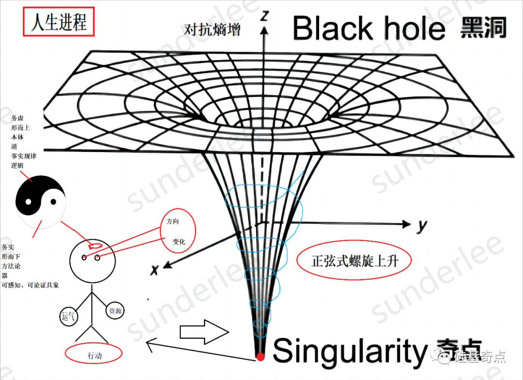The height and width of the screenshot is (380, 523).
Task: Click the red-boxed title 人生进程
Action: pos(58,23)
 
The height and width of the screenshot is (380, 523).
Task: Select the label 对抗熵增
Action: pos(212,30)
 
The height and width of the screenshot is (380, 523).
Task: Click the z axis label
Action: pos(264,16)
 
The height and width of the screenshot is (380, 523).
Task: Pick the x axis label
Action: pos(155,270)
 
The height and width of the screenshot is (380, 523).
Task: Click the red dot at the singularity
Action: pos(261,357)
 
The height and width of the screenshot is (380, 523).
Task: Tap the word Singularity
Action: pos(348,350)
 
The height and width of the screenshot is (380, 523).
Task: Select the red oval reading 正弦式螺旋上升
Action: pos(354,261)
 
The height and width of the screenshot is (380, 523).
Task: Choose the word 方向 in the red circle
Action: pos(173,222)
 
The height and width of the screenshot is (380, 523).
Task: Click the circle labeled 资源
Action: pos(115,311)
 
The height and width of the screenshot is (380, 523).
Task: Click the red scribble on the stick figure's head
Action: pos(92,245)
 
